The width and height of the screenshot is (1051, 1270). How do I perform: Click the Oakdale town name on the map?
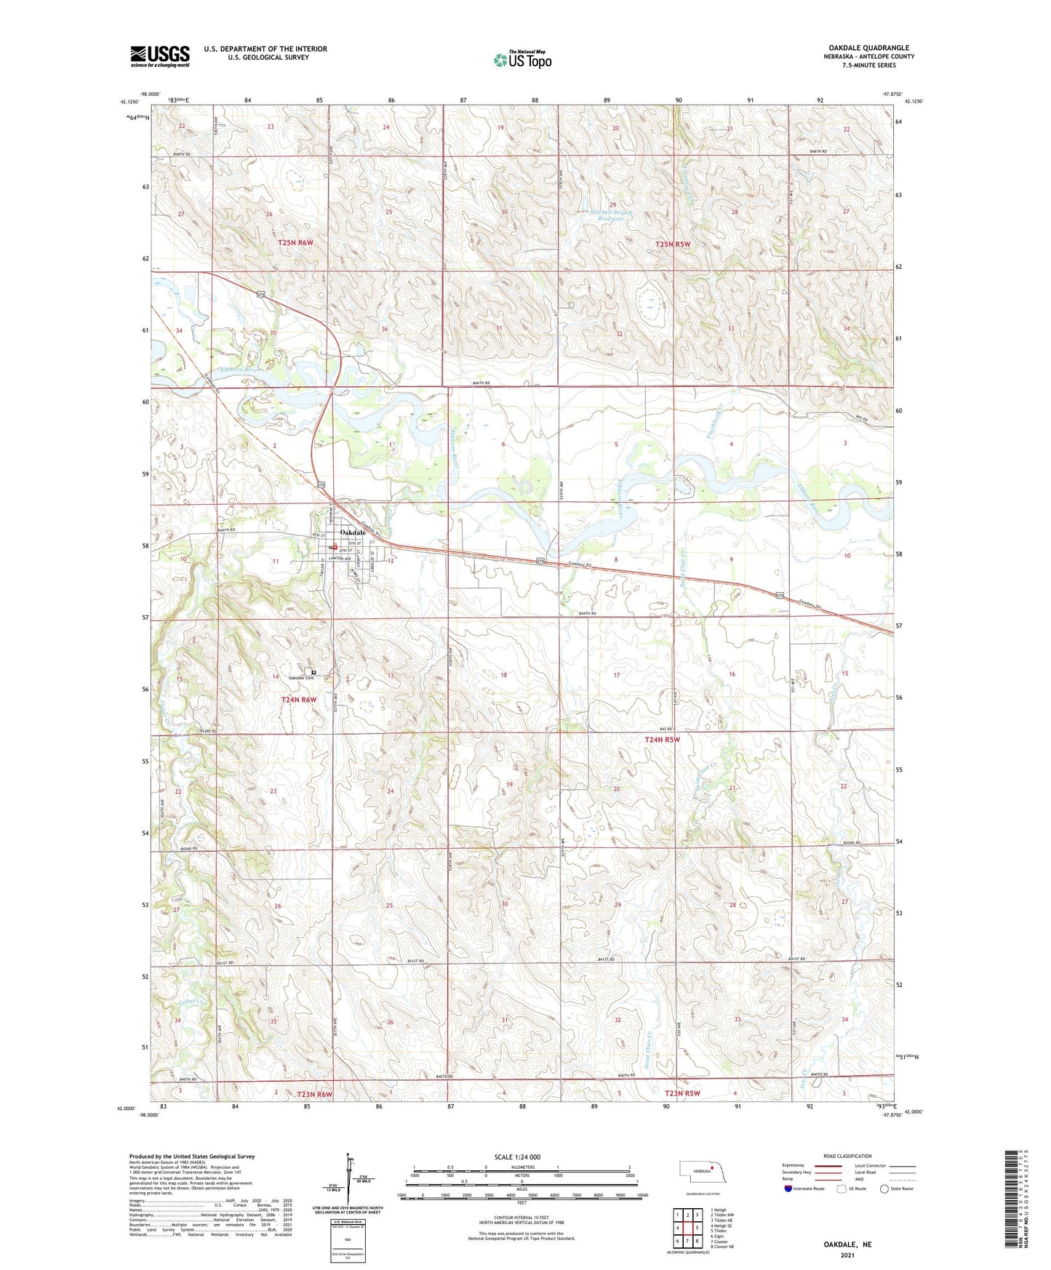coord(353,532)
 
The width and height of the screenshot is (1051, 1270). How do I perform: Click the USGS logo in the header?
coord(160,56)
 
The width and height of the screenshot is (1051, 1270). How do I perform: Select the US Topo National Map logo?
coord(522,59)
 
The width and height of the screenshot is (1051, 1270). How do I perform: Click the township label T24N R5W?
coord(662,740)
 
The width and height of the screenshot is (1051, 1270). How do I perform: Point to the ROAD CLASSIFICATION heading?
coord(847,1156)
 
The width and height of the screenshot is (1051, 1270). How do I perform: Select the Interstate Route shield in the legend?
coord(788,1189)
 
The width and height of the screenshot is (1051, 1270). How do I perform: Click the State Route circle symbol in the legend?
coord(884,1189)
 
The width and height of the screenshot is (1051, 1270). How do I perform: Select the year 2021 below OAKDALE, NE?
coord(847,1255)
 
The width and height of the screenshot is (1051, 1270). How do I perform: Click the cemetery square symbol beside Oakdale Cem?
coord(314,673)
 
